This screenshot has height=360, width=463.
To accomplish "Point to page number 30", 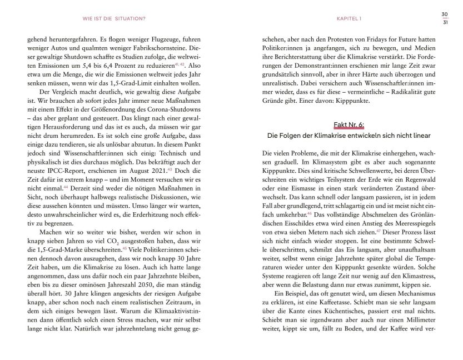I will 445,14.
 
